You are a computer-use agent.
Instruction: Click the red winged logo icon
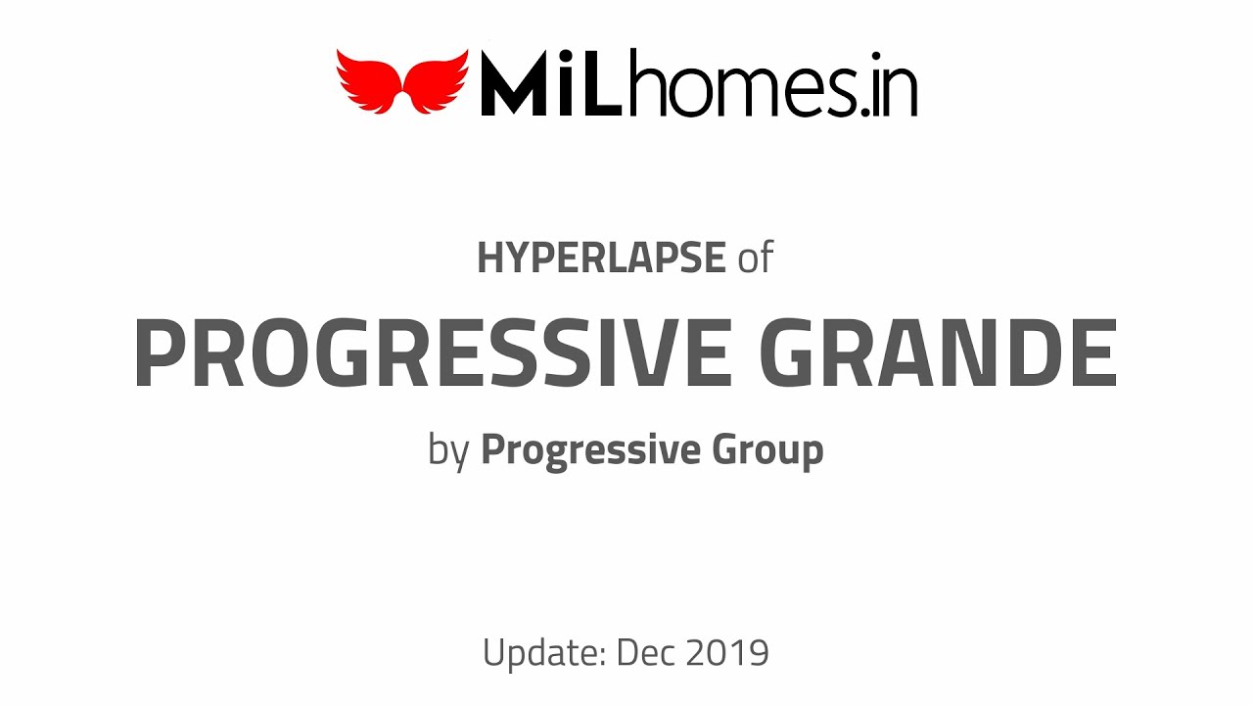pyautogui.click(x=402, y=81)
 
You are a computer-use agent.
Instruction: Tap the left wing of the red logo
pyautogui.click(x=367, y=78)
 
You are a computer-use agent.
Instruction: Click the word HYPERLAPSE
pyautogui.click(x=601, y=258)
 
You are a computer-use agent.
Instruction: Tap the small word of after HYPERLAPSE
pyautogui.click(x=755, y=258)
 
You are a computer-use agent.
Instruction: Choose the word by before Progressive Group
pyautogui.click(x=448, y=451)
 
